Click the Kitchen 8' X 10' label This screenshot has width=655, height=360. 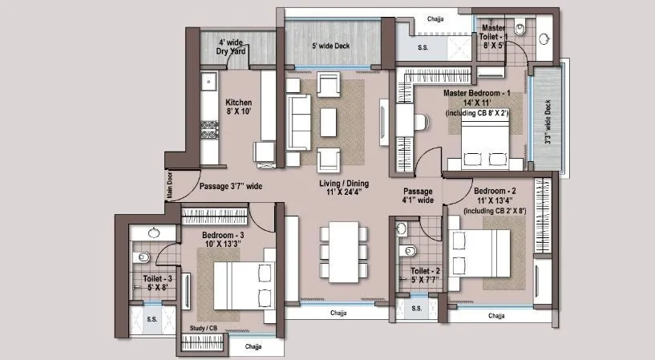tap(239, 107)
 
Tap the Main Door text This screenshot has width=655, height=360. tap(170, 186)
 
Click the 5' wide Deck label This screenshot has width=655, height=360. tap(330, 46)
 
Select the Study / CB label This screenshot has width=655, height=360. tap(203, 327)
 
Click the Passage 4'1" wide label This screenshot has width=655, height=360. tap(418, 196)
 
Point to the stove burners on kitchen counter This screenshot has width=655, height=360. tap(209, 129)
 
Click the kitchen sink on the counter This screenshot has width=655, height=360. tap(208, 82)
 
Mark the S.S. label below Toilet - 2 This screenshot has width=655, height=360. tap(416, 308)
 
